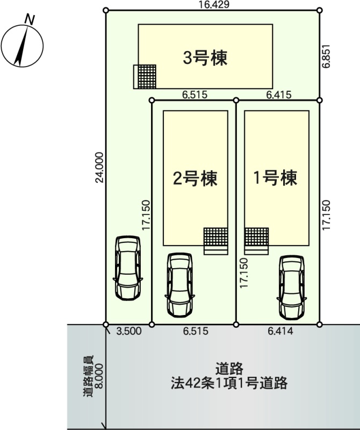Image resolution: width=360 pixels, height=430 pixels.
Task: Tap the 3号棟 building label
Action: pyautogui.click(x=205, y=58)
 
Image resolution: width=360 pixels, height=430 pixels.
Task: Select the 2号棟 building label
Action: pyautogui.click(x=195, y=178)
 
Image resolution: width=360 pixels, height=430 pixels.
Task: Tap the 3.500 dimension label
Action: pyautogui.click(x=129, y=332)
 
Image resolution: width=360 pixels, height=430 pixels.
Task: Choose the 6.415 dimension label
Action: pyautogui.click(x=278, y=95)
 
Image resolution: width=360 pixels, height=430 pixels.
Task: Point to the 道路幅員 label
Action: pyautogui.click(x=88, y=376)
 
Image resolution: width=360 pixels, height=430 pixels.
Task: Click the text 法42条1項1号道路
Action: pyautogui.click(x=231, y=384)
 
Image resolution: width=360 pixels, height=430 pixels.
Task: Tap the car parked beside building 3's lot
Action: pyautogui.click(x=128, y=268)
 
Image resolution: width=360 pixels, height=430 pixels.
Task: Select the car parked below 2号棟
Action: pyautogui.click(x=179, y=284)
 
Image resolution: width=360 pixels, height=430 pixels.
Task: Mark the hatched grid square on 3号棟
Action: pyautogui.click(x=145, y=76)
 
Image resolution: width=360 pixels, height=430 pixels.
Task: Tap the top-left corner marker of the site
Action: pyautogui.click(x=106, y=10)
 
